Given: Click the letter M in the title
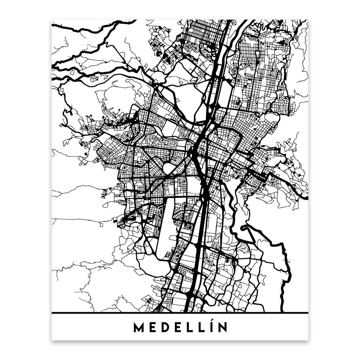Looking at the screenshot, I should tap(139, 328).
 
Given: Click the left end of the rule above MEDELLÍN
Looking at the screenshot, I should tap(52, 313).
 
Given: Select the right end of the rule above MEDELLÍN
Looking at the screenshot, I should tap(308, 313).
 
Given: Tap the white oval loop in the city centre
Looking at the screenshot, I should tap(169, 168).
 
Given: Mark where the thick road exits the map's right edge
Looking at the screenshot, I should tap(307, 198).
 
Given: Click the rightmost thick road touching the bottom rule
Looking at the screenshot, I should tap(282, 311).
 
